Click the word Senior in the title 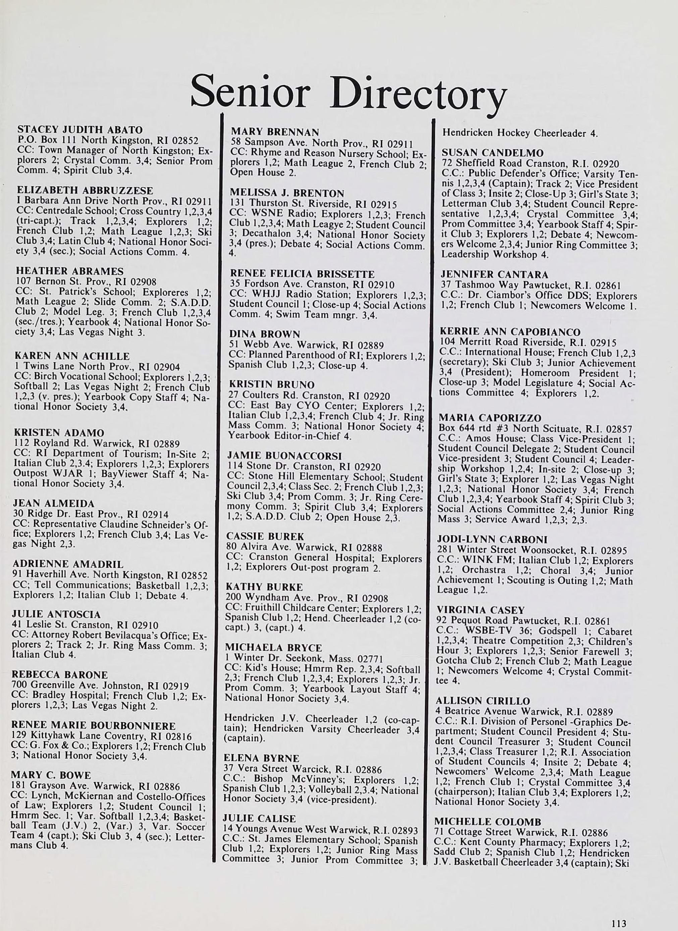[250, 91]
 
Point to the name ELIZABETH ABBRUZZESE [85, 191]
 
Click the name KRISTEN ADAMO [59, 433]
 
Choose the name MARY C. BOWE [51, 775]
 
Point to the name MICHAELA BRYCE [273, 648]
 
